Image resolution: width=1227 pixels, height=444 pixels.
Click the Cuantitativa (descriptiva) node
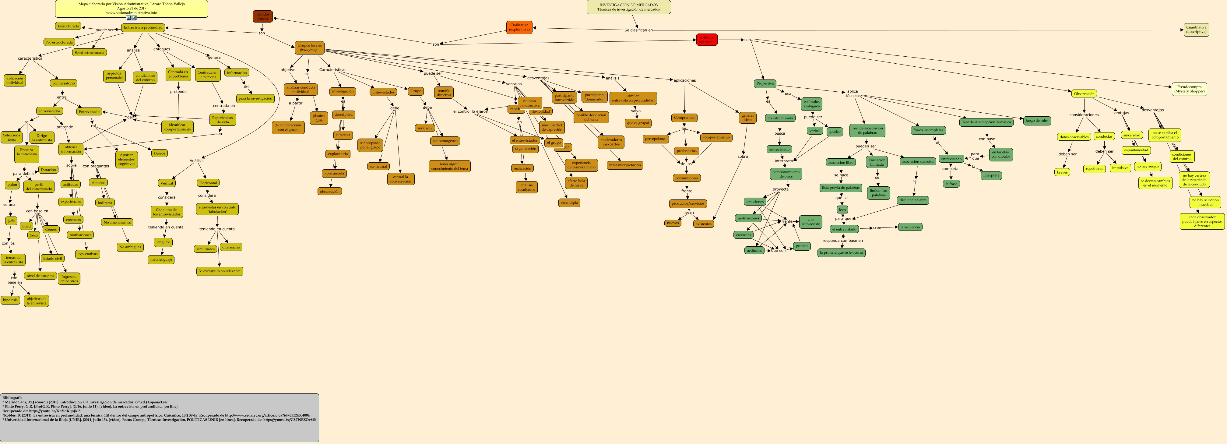[1196, 30]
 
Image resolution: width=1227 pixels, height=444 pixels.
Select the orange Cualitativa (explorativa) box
[519, 27]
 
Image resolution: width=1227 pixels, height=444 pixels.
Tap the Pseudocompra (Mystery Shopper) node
[1189, 89]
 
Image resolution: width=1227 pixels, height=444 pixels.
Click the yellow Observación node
[1084, 94]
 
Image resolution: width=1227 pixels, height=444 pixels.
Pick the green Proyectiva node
[765, 83]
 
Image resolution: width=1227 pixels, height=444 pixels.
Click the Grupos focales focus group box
[310, 48]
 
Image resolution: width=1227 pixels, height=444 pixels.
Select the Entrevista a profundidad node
[143, 28]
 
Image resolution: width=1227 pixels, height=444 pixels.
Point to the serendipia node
[569, 203]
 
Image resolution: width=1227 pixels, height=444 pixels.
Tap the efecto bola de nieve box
[576, 183]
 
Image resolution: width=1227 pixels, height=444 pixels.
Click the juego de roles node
[1037, 121]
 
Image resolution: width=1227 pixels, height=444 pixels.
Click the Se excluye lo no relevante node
[220, 271]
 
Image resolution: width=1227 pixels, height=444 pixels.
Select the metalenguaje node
[161, 260]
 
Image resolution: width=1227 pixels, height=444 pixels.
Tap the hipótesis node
[10, 300]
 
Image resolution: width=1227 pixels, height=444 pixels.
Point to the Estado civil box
[52, 259]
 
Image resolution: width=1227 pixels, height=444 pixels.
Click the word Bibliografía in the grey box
[12, 397]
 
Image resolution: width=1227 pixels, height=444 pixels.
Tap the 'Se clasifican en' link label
[638, 30]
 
